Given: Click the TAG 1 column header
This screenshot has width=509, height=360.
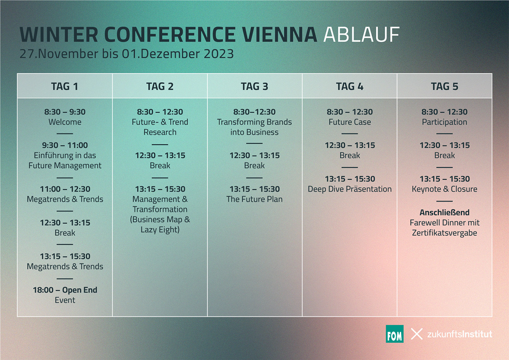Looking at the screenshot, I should pyautogui.click(x=65, y=86).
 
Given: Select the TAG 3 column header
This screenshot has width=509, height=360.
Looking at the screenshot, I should pyautogui.click(x=254, y=86).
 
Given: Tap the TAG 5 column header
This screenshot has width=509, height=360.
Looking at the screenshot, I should pyautogui.click(x=444, y=86).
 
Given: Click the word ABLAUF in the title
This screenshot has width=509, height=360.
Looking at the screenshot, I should pyautogui.click(x=361, y=35).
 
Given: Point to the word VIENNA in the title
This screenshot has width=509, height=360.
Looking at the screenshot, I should pyautogui.click(x=280, y=35).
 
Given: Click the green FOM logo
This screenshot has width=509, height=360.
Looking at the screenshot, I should pyautogui.click(x=394, y=334).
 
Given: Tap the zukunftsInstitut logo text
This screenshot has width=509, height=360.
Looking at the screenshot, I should pyautogui.click(x=460, y=334).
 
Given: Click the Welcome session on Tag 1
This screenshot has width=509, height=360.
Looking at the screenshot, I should pyautogui.click(x=65, y=122).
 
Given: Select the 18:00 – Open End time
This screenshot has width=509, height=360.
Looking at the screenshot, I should pyautogui.click(x=65, y=290).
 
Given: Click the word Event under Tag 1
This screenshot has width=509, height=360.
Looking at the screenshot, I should pyautogui.click(x=65, y=300).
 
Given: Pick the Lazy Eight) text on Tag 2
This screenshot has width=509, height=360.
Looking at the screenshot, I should pyautogui.click(x=160, y=230).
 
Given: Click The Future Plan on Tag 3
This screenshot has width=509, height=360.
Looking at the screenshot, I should pyautogui.click(x=254, y=199).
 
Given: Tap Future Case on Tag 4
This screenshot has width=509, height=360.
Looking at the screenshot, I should pyautogui.click(x=350, y=122).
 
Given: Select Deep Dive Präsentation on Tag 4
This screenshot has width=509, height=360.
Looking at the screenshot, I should pyautogui.click(x=350, y=189).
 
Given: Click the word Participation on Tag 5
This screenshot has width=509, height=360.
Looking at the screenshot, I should pyautogui.click(x=444, y=122).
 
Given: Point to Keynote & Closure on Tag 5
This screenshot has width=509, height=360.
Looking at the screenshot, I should pyautogui.click(x=444, y=189).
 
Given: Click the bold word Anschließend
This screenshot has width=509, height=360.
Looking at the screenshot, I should pyautogui.click(x=444, y=212).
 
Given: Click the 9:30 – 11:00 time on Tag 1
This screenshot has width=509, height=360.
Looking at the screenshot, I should pyautogui.click(x=65, y=145).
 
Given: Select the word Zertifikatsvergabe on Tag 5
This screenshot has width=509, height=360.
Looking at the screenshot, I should pyautogui.click(x=444, y=233).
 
